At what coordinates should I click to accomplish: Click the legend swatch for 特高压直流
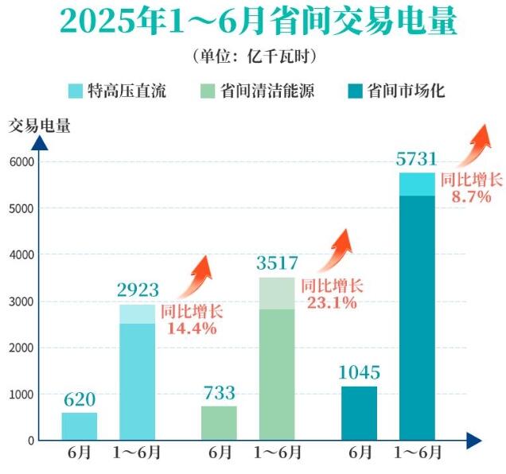[76, 91]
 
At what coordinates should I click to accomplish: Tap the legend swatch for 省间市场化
[355, 91]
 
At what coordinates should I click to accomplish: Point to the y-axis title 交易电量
[40, 125]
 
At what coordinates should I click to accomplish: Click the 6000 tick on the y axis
[21, 161]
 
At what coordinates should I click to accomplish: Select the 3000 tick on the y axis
[21, 301]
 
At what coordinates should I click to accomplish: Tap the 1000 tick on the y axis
[21, 394]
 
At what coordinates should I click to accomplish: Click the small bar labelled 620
[80, 425]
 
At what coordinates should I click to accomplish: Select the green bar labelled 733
[219, 422]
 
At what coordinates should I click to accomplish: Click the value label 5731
[417, 158]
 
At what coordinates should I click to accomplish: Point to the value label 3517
[277, 263]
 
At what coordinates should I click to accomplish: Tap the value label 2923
[138, 290]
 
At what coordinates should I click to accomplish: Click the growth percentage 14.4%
[192, 327]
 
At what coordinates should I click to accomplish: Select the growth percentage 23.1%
[331, 301]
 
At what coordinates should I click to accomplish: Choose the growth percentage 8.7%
[471, 196]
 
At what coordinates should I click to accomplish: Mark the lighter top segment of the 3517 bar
[277, 293]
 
